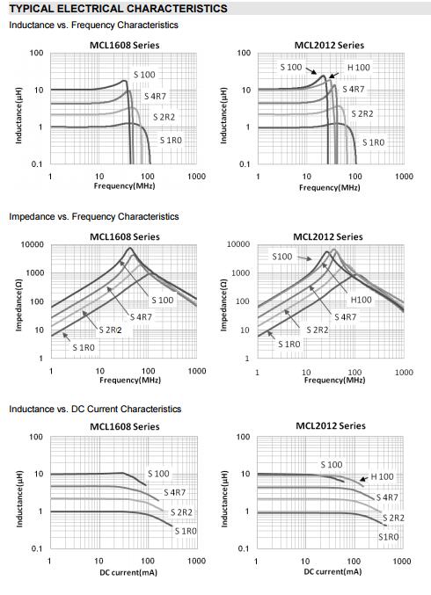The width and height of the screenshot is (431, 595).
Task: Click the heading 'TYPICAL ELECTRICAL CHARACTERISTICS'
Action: pos(118,8)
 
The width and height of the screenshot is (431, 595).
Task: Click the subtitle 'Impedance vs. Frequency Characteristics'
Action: pos(94,217)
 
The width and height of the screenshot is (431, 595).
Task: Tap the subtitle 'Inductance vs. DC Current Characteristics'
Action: pos(95,409)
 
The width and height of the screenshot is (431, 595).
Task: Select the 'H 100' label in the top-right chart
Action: pos(359,68)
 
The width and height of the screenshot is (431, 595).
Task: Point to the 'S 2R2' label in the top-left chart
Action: pos(164,117)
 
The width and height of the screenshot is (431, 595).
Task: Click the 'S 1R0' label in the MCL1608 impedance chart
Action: pos(84,347)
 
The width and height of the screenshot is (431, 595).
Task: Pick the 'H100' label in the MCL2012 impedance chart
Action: pos(361,300)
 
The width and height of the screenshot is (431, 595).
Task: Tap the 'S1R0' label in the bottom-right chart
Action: pos(389,537)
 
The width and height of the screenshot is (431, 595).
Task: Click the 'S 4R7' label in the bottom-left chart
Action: pos(175,492)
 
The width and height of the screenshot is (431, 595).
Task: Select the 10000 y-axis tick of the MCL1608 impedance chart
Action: pos(33,244)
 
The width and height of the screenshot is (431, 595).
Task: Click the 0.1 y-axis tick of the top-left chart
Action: pos(37,164)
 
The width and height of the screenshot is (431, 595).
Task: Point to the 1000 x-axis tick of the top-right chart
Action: pos(404,177)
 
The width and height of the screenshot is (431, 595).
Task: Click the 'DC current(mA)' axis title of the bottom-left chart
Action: pos(128,573)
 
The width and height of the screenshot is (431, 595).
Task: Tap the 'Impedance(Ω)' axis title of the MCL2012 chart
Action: pos(223,305)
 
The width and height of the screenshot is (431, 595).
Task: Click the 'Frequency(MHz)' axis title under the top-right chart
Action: pos(330,187)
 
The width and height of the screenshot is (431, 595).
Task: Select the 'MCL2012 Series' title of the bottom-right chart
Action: pos(331,425)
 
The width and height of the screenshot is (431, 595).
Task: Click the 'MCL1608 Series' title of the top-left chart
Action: pos(125,45)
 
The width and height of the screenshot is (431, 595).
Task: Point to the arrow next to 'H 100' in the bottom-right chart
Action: pos(364,478)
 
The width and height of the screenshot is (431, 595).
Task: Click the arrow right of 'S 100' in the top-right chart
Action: pos(311,71)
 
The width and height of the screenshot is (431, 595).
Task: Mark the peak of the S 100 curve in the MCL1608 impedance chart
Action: pos(130,248)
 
